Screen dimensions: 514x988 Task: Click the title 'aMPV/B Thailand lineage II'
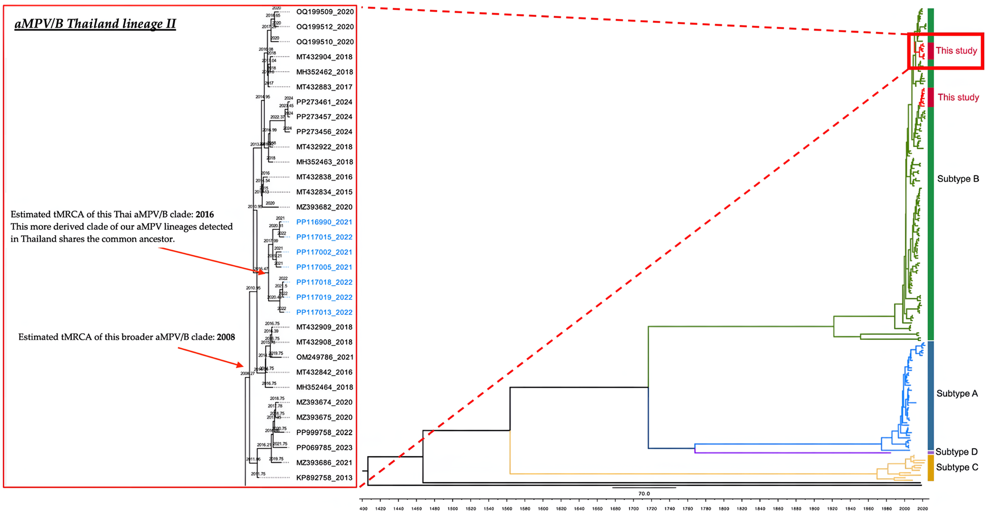[95, 24]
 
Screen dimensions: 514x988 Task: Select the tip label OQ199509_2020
[324, 12]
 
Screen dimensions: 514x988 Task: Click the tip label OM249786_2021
[324, 357]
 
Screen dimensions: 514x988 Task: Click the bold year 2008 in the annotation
[226, 337]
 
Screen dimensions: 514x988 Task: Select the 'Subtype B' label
[958, 179]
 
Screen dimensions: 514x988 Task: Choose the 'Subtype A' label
[957, 393]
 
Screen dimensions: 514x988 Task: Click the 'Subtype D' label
[956, 452]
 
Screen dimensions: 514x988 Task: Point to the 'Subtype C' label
[957, 467]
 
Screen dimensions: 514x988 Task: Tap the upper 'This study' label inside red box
[956, 51]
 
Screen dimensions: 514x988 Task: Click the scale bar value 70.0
[644, 494]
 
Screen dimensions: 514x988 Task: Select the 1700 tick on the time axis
[633, 509]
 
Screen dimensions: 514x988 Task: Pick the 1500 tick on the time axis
[453, 509]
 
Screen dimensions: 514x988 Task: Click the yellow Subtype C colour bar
[931, 468]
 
